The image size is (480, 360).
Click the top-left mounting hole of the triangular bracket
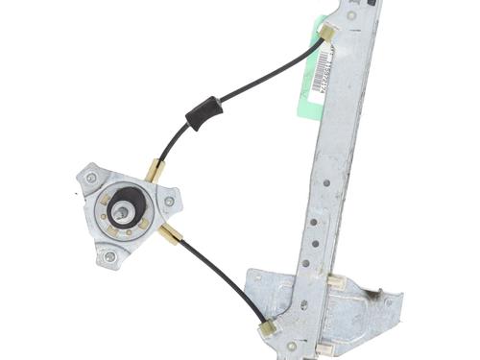(91, 178)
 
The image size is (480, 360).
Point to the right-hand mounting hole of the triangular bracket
(169, 202)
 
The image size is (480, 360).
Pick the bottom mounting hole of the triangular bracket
(109, 256)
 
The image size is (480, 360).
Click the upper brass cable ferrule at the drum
(154, 171)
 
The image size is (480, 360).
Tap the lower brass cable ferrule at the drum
(170, 233)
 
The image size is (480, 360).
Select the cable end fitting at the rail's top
(326, 34)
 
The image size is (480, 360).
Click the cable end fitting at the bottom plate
(267, 327)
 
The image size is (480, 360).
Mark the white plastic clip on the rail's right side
(337, 281)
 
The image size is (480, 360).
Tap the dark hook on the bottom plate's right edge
(393, 300)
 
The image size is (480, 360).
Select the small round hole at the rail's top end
(351, 15)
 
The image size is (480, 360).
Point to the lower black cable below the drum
(226, 279)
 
